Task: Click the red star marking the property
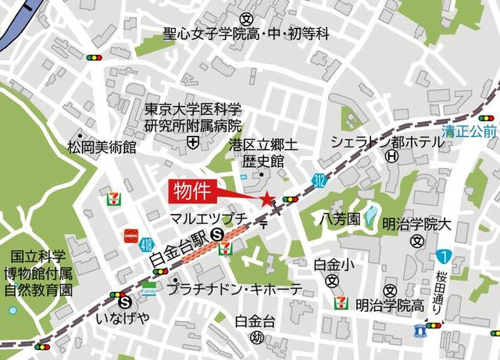(x=268, y=199)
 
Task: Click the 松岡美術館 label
(x=102, y=146)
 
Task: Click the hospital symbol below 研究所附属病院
(x=193, y=141)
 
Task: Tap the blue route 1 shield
(x=444, y=255)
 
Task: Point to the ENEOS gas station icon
(x=130, y=234)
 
